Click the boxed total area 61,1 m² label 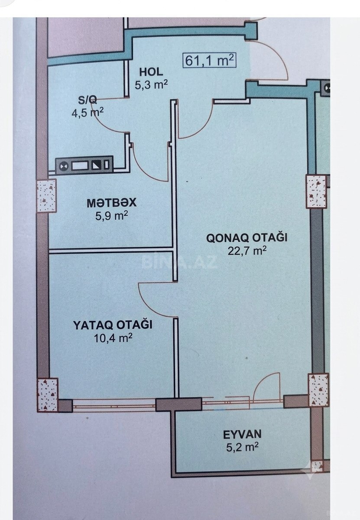(209, 61)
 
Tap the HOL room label (151, 72)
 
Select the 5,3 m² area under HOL (151, 85)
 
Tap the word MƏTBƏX (111, 203)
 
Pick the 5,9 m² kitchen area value (112, 216)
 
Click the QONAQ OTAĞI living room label (247, 238)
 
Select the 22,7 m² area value (247, 251)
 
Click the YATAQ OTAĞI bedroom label (113, 325)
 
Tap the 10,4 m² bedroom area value (113, 338)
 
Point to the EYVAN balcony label (242, 434)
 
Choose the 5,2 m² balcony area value (242, 447)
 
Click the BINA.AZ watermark (179, 262)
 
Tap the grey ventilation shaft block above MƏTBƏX (84, 165)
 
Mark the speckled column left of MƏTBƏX (47, 195)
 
